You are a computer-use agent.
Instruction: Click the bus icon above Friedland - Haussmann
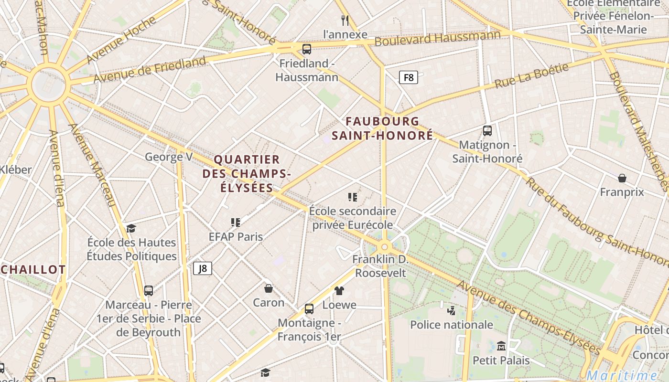307,49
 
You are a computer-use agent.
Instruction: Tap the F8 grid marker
409,77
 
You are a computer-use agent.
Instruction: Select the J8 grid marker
203,268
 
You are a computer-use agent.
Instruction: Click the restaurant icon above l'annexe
345,20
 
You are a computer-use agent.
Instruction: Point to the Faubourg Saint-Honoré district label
382,128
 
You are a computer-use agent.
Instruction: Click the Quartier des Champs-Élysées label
247,173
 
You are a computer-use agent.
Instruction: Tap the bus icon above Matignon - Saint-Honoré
487,130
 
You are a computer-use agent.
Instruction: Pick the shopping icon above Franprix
622,178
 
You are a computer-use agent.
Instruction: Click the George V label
169,157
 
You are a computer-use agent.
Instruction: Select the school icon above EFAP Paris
236,222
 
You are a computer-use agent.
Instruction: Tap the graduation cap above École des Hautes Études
131,228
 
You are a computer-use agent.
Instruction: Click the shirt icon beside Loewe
339,290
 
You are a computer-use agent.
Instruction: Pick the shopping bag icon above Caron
269,288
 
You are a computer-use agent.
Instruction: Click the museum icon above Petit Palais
501,346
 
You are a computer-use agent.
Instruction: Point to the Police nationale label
452,325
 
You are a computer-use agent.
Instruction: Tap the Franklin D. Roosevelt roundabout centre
384,247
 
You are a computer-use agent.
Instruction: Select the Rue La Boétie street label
531,75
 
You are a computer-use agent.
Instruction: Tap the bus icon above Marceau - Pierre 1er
149,290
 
